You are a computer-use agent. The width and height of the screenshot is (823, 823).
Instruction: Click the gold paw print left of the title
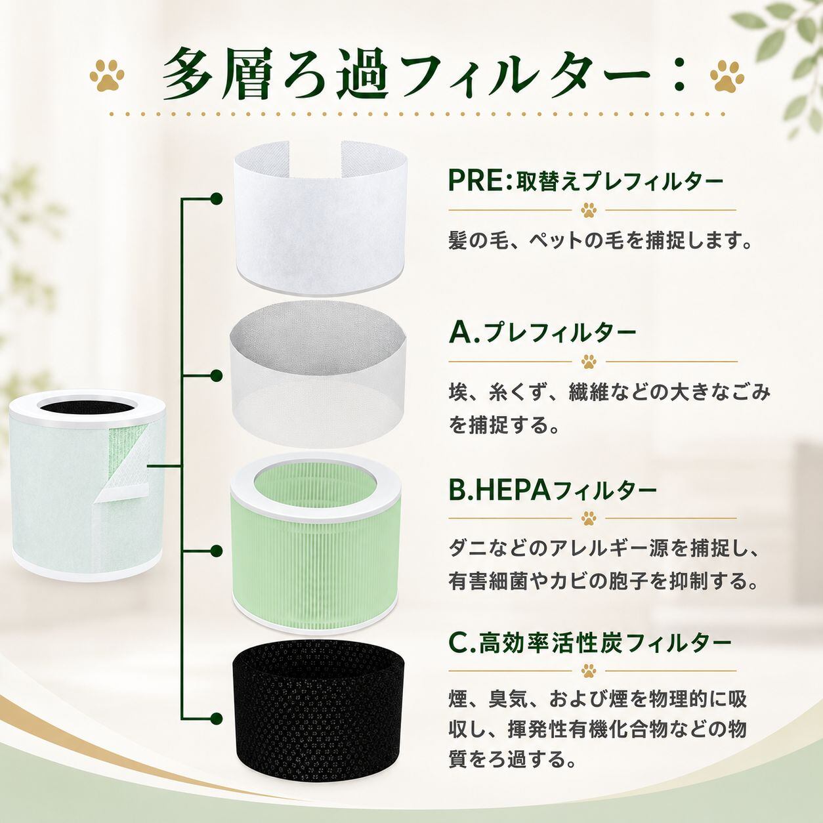pyautogui.click(x=107, y=75)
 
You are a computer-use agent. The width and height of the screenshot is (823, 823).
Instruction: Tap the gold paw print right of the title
pyautogui.click(x=727, y=75)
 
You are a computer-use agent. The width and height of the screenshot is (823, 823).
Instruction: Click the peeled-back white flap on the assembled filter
pyautogui.click(x=124, y=463)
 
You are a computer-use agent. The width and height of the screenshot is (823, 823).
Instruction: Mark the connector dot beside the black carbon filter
pyautogui.click(x=217, y=717)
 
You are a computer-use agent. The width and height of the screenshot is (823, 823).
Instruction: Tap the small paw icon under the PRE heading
pyautogui.click(x=589, y=210)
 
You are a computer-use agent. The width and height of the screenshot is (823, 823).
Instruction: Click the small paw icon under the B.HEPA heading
pyautogui.click(x=589, y=518)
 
